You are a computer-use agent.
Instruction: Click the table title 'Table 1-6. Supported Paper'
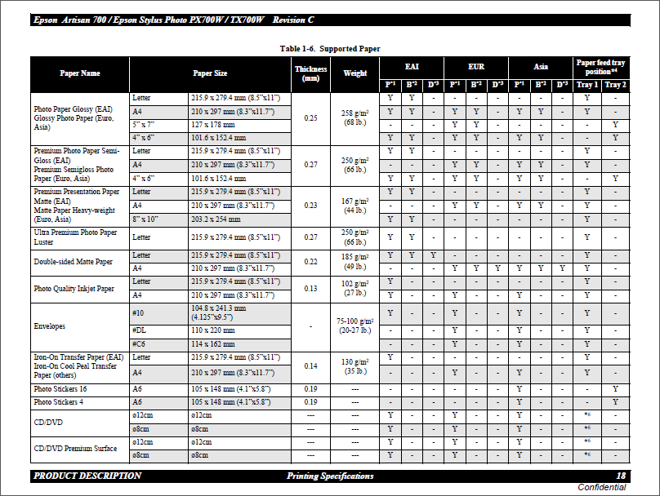(x=329, y=49)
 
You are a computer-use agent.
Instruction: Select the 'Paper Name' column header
(x=80, y=73)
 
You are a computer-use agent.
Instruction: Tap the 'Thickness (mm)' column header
(x=310, y=73)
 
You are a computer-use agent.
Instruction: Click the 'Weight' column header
(x=355, y=73)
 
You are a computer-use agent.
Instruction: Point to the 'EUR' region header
(x=476, y=66)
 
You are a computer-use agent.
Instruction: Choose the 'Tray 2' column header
(x=615, y=85)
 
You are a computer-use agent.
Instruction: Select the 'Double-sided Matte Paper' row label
(x=73, y=262)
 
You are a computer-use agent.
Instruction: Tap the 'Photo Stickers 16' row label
(x=60, y=389)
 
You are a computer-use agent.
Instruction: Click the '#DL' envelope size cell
(x=138, y=330)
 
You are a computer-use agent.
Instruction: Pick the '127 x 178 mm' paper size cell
(x=212, y=125)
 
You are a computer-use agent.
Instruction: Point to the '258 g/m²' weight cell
(x=355, y=113)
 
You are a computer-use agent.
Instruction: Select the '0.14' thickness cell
(x=310, y=366)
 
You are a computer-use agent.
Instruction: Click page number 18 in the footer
(x=621, y=476)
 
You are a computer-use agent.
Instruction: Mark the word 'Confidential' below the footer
(x=602, y=487)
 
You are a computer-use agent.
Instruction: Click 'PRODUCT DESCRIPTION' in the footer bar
(x=87, y=476)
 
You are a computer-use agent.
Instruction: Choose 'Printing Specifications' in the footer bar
(x=330, y=476)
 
